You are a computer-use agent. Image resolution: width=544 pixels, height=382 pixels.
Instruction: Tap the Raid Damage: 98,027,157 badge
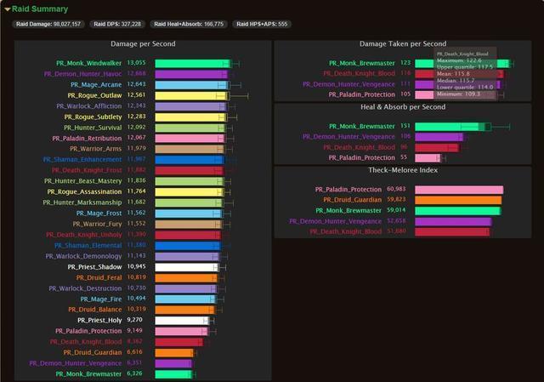[x=48, y=25]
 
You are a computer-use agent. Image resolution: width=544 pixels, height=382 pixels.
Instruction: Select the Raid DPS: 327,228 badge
[x=117, y=25]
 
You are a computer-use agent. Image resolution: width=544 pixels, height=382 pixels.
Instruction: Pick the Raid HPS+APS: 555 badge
[x=263, y=25]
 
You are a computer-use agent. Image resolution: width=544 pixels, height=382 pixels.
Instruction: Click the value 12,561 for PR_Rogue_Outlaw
[x=136, y=95]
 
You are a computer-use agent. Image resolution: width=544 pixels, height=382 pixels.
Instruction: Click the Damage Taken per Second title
[x=402, y=43]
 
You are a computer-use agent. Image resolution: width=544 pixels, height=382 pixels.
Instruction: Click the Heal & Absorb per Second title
[x=402, y=107]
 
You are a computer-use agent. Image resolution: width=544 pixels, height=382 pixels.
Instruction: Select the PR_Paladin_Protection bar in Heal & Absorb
[x=428, y=157]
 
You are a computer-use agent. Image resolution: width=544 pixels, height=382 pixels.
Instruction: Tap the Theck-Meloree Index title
[x=402, y=170]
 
